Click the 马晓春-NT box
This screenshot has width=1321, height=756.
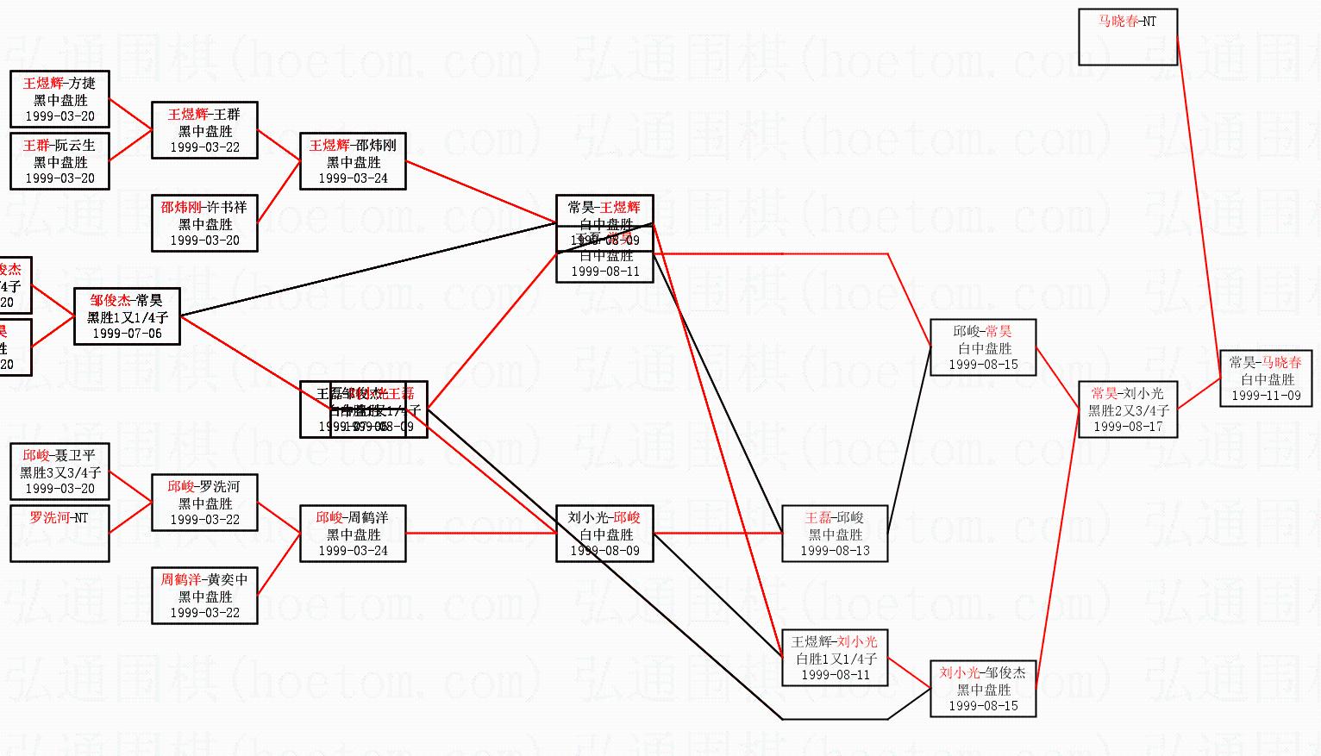pos(1128,37)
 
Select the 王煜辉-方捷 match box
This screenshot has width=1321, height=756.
pos(59,100)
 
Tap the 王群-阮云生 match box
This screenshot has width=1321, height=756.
pos(59,161)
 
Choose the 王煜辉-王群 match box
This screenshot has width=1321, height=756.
pos(204,130)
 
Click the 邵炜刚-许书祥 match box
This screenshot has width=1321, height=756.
pos(204,223)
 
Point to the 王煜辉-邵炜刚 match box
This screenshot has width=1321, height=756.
pos(353,161)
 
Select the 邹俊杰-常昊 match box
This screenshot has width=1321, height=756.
pos(127,316)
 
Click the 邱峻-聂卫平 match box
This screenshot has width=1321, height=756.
pos(59,472)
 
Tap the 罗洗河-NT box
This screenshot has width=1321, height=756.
pos(59,534)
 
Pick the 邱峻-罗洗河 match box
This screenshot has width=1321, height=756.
pos(204,503)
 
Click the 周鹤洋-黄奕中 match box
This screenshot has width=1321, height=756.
pos(204,596)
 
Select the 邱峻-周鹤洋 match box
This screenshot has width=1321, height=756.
pos(353,534)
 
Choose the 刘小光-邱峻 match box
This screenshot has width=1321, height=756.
pos(604,534)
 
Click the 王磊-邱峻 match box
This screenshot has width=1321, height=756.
pos(835,534)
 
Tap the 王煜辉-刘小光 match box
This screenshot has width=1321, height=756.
pos(835,658)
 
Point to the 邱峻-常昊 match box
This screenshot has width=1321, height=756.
pos(983,347)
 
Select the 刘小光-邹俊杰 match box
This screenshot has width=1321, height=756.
pos(983,689)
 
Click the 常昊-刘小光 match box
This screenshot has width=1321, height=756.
pos(1128,409)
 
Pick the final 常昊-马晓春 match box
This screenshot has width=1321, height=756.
pos(1266,378)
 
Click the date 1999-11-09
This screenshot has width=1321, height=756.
pos(1266,396)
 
